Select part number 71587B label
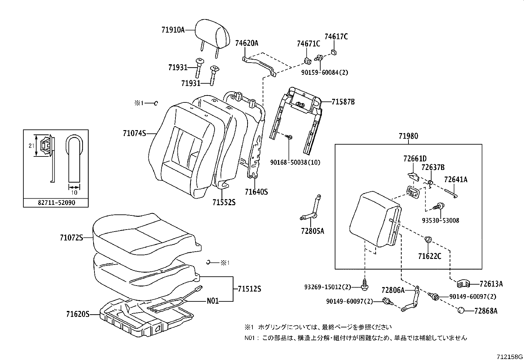click(343, 102)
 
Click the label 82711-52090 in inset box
click(56, 203)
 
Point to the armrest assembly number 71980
click(408, 136)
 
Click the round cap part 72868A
click(461, 311)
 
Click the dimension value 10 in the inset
click(74, 192)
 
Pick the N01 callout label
click(213, 301)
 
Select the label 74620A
click(247, 43)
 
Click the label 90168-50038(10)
click(295, 162)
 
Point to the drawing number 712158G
click(510, 357)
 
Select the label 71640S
click(256, 192)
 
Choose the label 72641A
click(456, 180)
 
